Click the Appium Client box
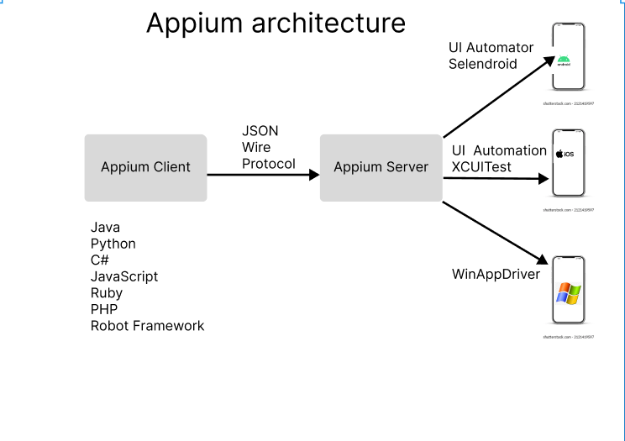tap(145, 167)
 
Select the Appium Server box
tap(381, 167)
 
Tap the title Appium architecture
tap(276, 23)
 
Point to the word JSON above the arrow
tap(260, 131)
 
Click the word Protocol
tap(268, 163)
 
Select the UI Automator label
tap(485, 48)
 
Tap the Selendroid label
tap(482, 64)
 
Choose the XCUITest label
tap(482, 166)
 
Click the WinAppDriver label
tap(496, 274)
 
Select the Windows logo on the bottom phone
tap(569, 294)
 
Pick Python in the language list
tap(113, 244)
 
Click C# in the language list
tap(100, 260)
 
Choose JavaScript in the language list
tap(123, 276)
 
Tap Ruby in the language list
tap(106, 293)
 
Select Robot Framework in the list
tap(147, 326)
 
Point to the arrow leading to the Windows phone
tap(496, 233)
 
